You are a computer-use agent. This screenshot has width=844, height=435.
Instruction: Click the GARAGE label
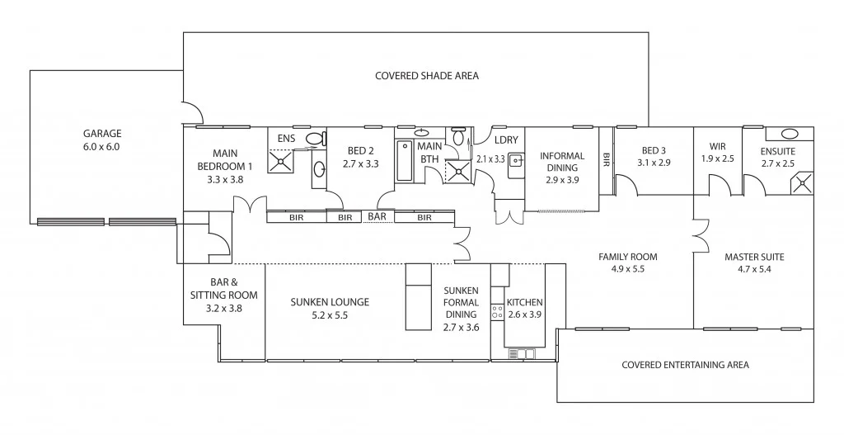[x=101, y=133]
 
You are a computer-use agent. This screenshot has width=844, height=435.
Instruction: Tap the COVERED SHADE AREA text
[x=426, y=76]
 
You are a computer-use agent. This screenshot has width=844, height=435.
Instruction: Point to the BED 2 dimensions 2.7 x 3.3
[x=360, y=164]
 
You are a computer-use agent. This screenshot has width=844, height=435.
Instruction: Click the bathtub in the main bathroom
[x=404, y=161]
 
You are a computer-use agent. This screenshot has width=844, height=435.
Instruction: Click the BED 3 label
[x=653, y=150]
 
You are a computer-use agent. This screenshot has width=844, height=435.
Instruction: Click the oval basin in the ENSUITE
[x=789, y=134]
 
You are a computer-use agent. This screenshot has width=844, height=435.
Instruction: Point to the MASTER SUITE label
[x=753, y=257]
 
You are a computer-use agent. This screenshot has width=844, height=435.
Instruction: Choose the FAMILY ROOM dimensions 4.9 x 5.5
[x=627, y=269]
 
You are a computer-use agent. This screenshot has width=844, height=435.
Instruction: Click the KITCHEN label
[x=524, y=302]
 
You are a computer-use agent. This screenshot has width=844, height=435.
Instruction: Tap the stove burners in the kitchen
[x=497, y=311]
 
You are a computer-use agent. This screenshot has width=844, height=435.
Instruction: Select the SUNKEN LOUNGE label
[x=329, y=302]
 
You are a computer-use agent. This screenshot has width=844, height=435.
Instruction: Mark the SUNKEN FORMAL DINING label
[x=461, y=302]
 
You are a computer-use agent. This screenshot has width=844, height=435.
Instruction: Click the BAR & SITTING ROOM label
[x=223, y=288]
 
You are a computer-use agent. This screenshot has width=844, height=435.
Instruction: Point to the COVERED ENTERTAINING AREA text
[x=685, y=364]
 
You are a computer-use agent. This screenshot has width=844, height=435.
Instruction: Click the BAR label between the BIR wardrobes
[x=377, y=217]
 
